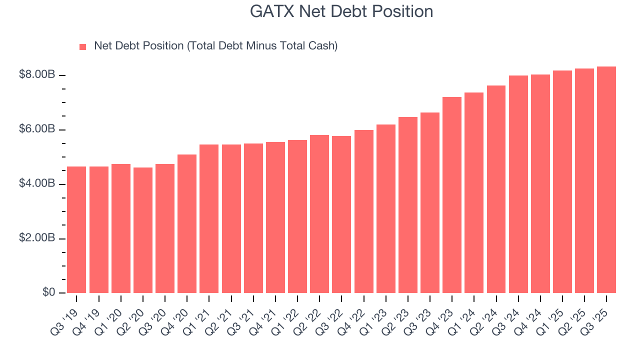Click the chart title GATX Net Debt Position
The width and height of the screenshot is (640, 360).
tap(341, 11)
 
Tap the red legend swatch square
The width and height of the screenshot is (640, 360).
tap(83, 46)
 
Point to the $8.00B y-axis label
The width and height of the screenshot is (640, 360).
tap(37, 75)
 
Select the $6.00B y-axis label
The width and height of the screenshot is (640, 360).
tap(37, 129)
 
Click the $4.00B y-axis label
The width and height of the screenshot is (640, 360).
tap(37, 184)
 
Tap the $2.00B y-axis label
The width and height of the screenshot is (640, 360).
tap(37, 238)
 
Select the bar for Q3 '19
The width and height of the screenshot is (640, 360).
tap(76, 229)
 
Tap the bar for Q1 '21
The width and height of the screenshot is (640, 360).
tap(209, 218)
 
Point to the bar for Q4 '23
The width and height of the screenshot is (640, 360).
tap(452, 195)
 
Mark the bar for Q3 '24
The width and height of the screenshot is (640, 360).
tap(518, 184)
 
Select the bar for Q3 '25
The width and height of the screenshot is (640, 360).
tap(606, 179)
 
